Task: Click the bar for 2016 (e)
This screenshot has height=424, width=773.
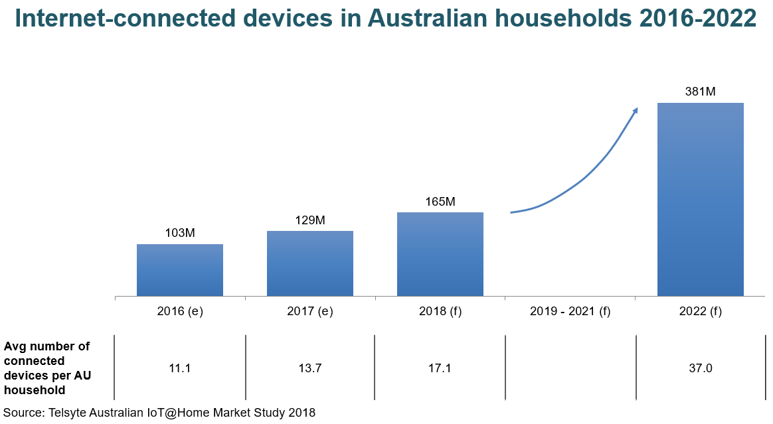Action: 180,270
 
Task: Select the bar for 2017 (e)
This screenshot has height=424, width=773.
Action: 310,263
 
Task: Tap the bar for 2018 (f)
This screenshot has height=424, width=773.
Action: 440,254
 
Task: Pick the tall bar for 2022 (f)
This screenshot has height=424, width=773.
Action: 700,199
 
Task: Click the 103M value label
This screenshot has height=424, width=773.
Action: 180,233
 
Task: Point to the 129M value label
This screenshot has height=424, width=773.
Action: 310,220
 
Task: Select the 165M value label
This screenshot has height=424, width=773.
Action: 440,201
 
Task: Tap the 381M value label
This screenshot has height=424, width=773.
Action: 700,92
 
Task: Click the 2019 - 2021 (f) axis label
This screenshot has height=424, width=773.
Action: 570,311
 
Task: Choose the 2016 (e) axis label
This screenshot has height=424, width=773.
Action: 180,311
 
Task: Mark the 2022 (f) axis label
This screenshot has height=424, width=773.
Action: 700,311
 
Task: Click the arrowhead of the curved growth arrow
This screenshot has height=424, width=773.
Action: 635,111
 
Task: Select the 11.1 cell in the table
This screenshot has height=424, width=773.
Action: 180,368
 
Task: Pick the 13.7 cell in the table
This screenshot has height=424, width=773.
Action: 310,368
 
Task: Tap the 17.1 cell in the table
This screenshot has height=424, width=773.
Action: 440,368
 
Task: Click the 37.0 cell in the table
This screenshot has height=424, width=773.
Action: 700,368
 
